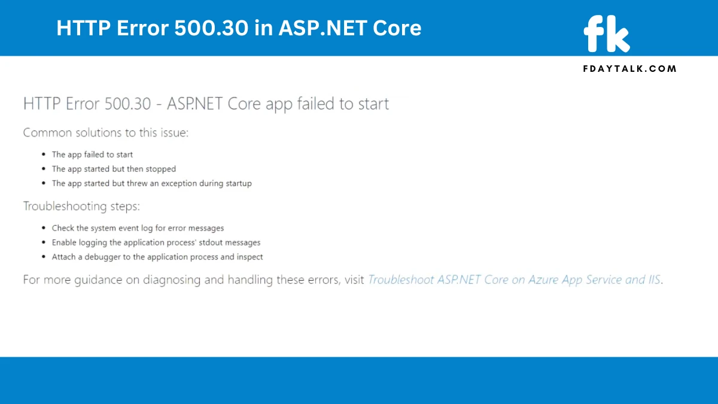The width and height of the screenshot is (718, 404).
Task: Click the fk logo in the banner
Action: pyautogui.click(x=607, y=34)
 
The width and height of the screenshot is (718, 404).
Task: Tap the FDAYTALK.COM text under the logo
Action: pyautogui.click(x=629, y=69)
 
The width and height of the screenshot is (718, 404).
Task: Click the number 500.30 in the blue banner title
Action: pyautogui.click(x=211, y=28)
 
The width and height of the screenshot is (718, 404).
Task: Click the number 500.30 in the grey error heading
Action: pyautogui.click(x=127, y=104)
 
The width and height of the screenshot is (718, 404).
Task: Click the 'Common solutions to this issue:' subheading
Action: pyautogui.click(x=106, y=132)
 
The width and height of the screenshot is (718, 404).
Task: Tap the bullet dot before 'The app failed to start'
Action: pyautogui.click(x=44, y=154)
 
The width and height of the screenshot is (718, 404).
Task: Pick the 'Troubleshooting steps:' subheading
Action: pyautogui.click(x=81, y=206)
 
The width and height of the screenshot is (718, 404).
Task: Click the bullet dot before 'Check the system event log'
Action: pyautogui.click(x=44, y=227)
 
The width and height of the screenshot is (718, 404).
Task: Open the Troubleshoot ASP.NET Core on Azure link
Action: pyautogui.click(x=514, y=280)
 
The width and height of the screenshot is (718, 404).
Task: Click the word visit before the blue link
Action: pyautogui.click(x=354, y=280)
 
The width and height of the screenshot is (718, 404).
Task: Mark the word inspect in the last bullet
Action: pyautogui.click(x=250, y=257)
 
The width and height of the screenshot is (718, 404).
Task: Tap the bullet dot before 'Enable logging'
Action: pyautogui.click(x=44, y=242)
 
